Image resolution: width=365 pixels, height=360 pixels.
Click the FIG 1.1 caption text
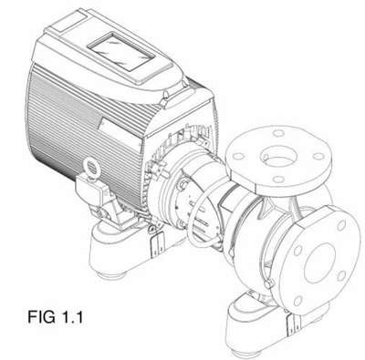click(x=55, y=317)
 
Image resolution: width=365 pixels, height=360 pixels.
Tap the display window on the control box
click(x=120, y=52)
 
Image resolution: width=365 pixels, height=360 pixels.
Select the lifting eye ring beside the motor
click(x=90, y=167)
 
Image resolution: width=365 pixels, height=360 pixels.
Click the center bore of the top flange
click(x=278, y=157)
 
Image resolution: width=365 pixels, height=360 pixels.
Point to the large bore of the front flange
click(x=319, y=263)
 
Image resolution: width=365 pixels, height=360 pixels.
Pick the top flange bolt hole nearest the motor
click(x=239, y=156)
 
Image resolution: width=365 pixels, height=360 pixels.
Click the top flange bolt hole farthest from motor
click(x=318, y=156)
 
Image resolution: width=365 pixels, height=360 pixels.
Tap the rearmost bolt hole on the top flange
click(x=278, y=133)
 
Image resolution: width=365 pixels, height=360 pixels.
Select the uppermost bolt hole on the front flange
click(x=341, y=225)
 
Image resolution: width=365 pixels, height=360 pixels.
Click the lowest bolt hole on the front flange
click(x=297, y=301)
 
